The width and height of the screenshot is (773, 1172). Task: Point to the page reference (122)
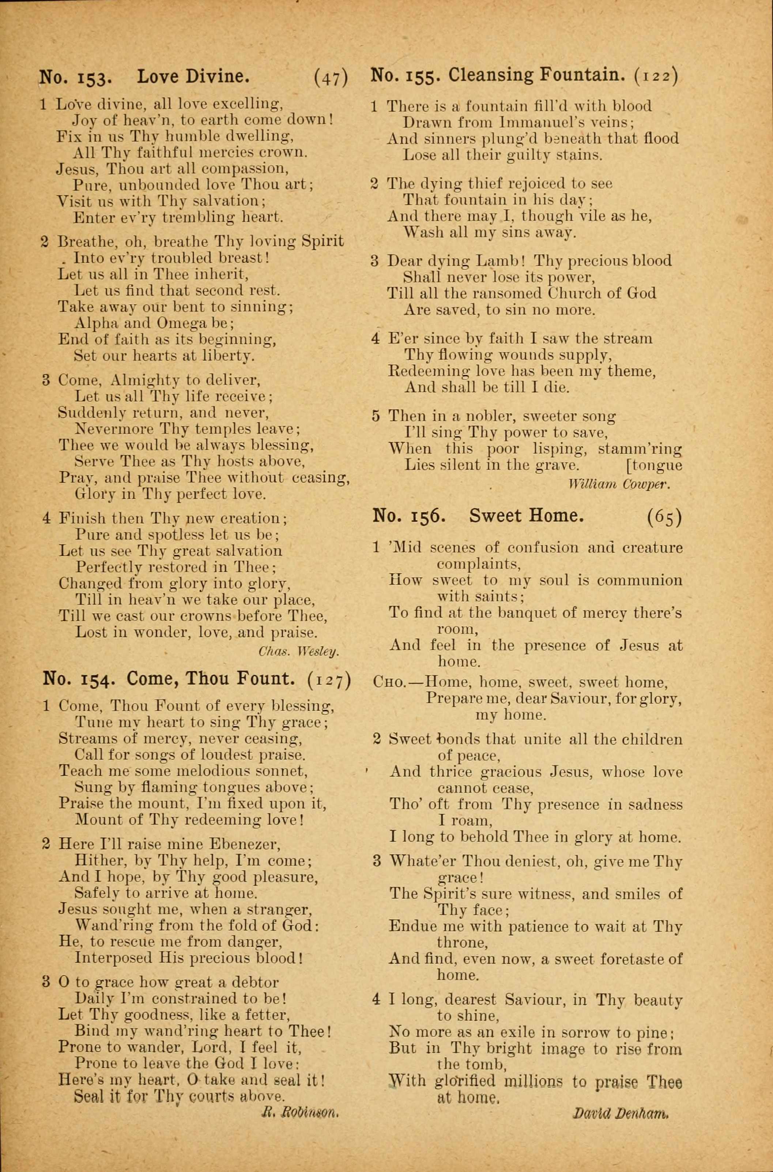656,76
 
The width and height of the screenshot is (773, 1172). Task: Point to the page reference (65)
664,517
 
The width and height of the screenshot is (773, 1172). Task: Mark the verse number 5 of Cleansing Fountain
376,416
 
